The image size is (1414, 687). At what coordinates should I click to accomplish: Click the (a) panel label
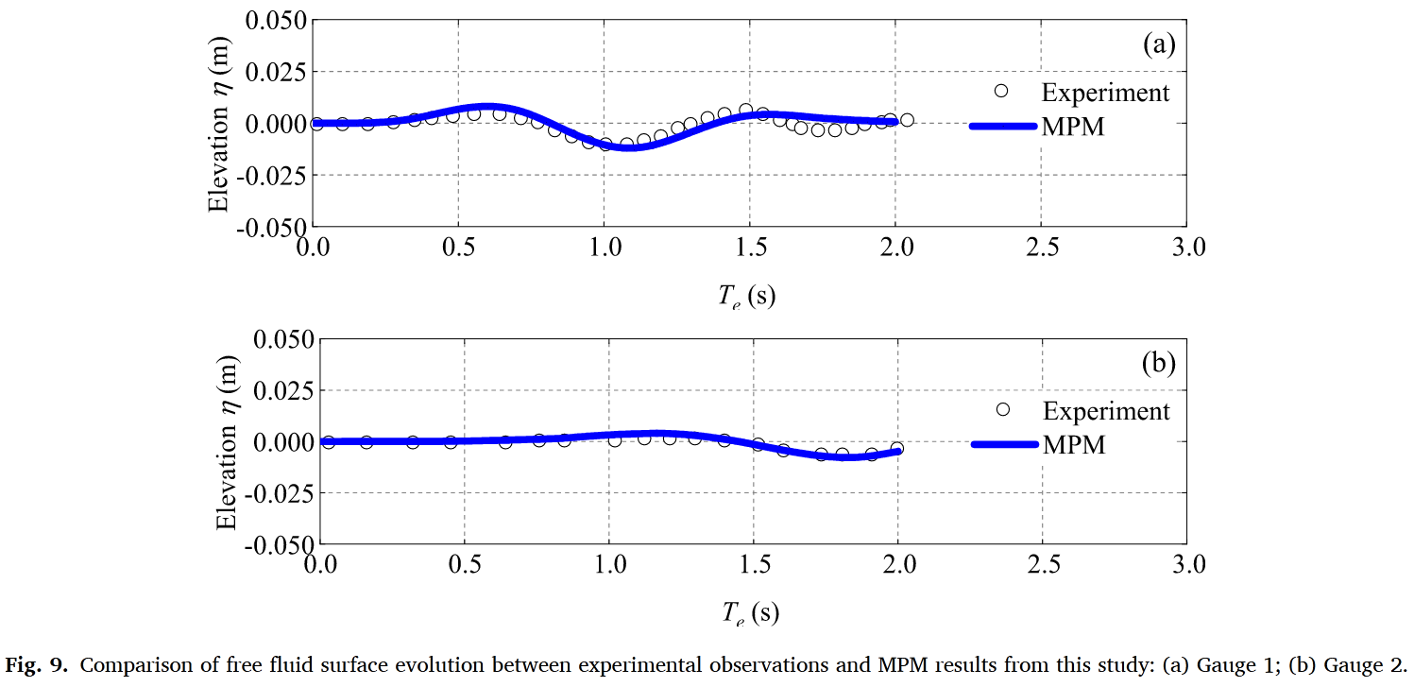[1158, 45]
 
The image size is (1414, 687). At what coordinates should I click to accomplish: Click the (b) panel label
[1158, 364]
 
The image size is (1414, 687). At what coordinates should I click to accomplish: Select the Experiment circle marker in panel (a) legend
[1002, 91]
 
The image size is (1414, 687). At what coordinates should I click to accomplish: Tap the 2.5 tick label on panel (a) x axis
[1040, 247]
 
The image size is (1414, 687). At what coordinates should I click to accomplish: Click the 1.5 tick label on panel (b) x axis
[753, 565]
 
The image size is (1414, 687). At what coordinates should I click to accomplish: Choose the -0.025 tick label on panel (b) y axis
[273, 493]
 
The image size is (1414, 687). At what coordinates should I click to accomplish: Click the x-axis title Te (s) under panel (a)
[746, 296]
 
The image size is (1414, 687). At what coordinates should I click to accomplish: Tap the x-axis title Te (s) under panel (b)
[751, 614]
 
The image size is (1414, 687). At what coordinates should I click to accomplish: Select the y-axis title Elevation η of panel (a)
[220, 123]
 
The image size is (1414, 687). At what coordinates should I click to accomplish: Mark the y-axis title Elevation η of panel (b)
[226, 441]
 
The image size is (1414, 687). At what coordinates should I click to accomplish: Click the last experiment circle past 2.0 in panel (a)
[907, 120]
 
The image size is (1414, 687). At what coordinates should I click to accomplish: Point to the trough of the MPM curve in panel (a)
[626, 146]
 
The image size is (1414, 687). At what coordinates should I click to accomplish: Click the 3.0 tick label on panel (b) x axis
[1187, 565]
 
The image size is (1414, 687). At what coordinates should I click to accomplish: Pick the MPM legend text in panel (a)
[1073, 127]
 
